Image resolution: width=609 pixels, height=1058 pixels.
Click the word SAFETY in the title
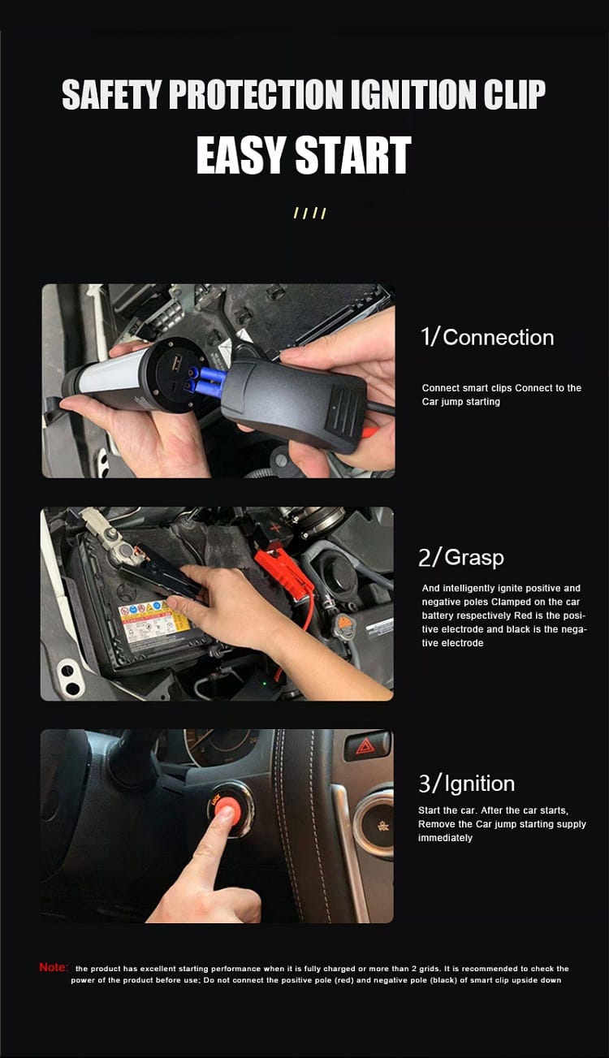tap(111, 94)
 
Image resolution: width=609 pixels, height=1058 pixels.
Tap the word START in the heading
tap(353, 155)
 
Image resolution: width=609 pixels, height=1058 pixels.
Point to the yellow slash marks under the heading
tap(310, 213)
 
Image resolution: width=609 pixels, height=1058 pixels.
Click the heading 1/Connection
tap(487, 337)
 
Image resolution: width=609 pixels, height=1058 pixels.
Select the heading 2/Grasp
tap(461, 557)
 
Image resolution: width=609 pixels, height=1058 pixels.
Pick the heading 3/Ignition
tap(466, 784)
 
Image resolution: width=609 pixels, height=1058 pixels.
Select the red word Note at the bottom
tap(54, 967)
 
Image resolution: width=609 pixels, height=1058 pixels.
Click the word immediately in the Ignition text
tap(445, 837)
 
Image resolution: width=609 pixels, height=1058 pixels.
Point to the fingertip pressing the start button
tap(226, 813)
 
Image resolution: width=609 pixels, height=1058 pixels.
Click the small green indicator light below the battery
tap(265, 683)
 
